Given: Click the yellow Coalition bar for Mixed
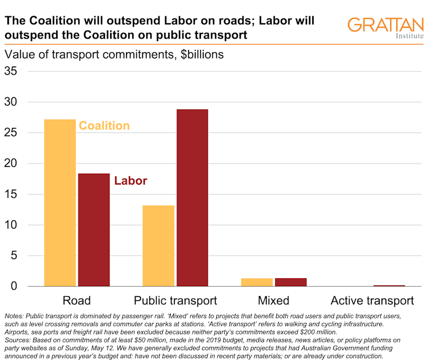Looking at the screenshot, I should tap(257, 282).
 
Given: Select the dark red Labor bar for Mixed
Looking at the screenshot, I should tap(291, 282).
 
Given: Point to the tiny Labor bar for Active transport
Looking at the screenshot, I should tap(389, 286).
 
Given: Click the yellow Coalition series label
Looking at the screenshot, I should tap(104, 125).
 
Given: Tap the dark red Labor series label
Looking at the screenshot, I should tap(131, 181).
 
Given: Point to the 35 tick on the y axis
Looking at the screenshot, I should tap(11, 72).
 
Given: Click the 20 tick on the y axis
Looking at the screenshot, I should tap(11, 164).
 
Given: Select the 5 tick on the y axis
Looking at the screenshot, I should tap(15, 256).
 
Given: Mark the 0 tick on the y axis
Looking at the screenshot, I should tap(15, 286).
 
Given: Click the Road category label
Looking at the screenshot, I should tap(77, 300).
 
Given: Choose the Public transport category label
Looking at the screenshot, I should tap(175, 300).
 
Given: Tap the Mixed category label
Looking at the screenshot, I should tap(274, 300).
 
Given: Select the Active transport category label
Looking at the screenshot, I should tap(372, 300).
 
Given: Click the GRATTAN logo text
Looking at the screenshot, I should tap(385, 25).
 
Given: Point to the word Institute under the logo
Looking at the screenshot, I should tap(409, 36).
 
